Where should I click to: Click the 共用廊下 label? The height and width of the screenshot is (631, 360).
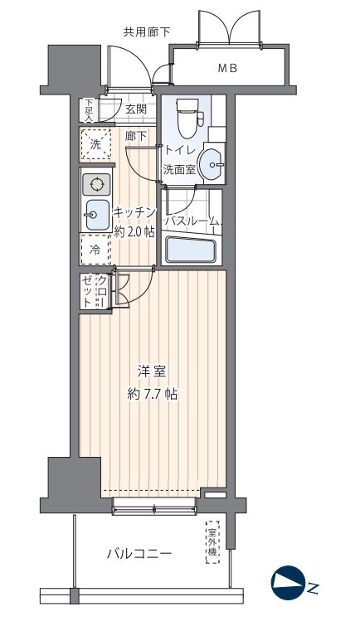pyautogui.click(x=147, y=32)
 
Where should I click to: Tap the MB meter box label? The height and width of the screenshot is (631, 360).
pyautogui.click(x=227, y=69)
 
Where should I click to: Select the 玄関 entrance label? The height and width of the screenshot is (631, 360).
pyautogui.click(x=136, y=109)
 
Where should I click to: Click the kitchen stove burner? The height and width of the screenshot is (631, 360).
pyautogui.click(x=96, y=185)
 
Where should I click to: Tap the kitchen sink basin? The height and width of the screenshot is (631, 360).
pyautogui.click(x=96, y=215)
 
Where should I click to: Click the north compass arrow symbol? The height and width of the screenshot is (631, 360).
pyautogui.click(x=286, y=584)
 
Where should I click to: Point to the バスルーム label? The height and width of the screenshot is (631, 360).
pyautogui.click(x=193, y=221)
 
